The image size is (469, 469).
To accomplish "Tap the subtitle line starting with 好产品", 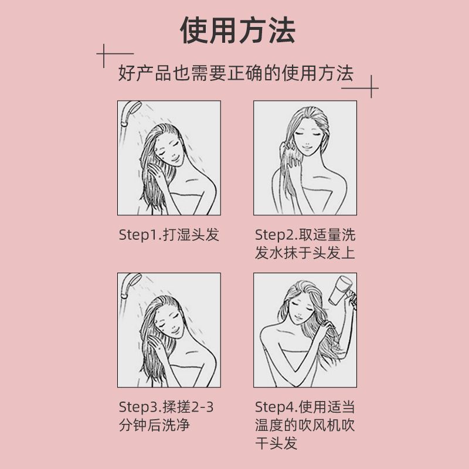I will [x=236, y=74].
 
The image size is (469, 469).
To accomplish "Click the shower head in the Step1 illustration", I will [x=127, y=113].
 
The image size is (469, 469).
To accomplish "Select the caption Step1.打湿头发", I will [x=169, y=235].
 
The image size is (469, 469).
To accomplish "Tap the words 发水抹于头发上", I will [x=305, y=253].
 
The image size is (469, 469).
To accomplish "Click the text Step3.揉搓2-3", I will [x=166, y=407].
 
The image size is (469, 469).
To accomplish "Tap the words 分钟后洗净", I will [x=154, y=425].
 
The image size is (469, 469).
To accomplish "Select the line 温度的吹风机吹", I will [x=305, y=425].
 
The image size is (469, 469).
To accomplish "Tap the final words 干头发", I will [x=276, y=443].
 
